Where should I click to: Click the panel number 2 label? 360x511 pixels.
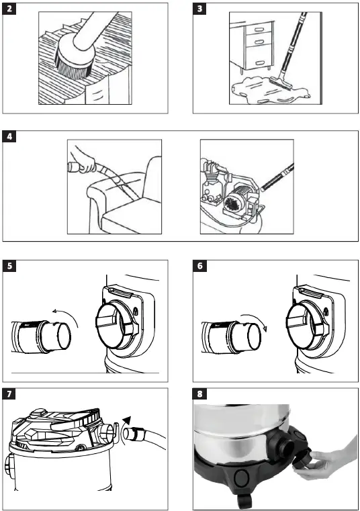click(9, 9)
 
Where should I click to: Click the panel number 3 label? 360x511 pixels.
click(199, 9)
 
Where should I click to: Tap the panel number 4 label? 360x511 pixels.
click(9, 136)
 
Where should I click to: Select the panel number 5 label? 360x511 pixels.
click(9, 266)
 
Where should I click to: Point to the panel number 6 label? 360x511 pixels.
click(199, 266)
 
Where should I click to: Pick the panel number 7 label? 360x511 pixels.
click(9, 393)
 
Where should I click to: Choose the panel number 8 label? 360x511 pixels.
click(199, 393)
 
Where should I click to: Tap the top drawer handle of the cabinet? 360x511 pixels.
click(259, 30)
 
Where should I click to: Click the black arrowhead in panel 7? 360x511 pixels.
click(126, 420)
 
